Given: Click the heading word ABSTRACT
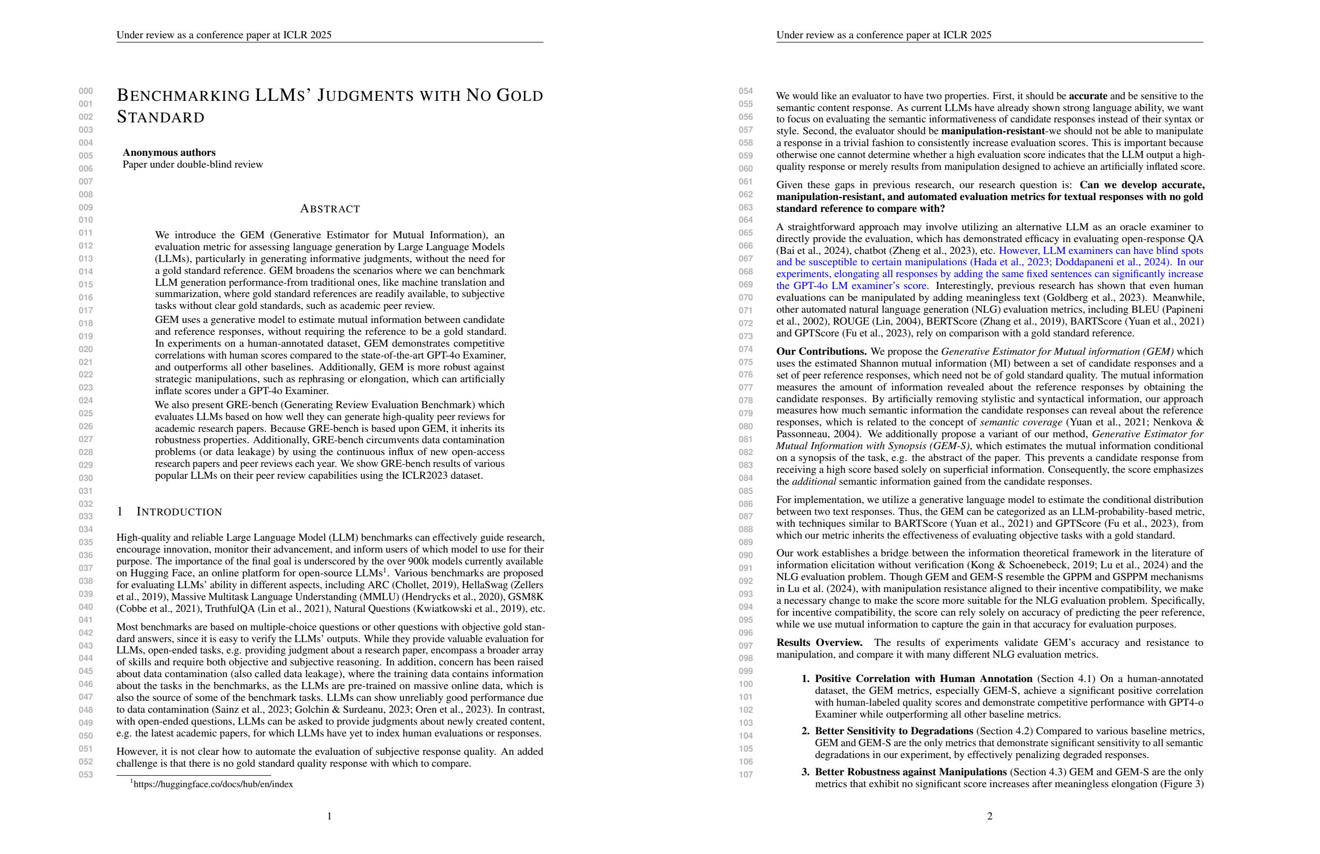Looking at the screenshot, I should coord(329,209).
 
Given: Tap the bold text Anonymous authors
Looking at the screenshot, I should coord(169,153).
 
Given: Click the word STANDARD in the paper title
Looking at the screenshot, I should coord(161,118).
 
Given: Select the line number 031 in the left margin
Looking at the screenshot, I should coord(85,491).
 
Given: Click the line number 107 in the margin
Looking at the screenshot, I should coord(745,775).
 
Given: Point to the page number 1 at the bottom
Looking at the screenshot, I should coord(329,816).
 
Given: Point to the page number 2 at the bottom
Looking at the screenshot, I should coord(989,816).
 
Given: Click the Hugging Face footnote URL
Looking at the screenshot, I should coord(213,784).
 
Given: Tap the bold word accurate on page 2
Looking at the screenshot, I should coord(1088,96).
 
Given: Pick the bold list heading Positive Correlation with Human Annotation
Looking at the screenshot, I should coord(923,679).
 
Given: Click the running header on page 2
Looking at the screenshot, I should coord(884,35).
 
